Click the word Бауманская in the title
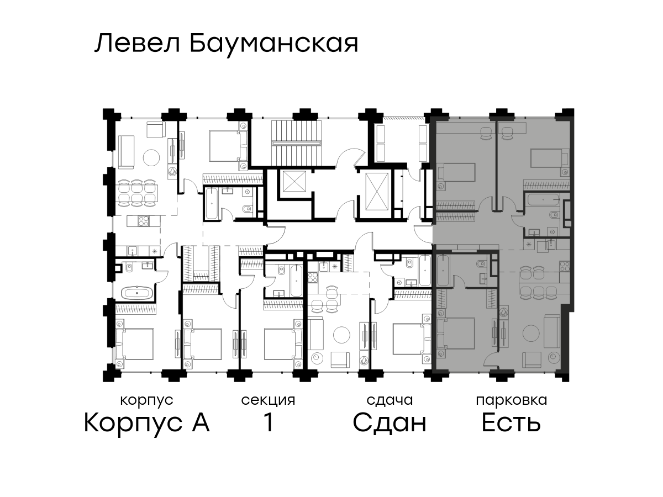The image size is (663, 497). tap(274, 44)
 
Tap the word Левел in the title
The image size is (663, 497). tap(138, 44)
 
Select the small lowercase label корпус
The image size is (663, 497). tap(147, 401)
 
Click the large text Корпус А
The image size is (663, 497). tap(147, 423)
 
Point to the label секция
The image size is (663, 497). tap(268, 401)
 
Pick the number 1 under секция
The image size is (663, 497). tap(269, 422)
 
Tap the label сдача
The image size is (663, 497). tap(390, 401)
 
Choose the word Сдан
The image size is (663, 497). tap(390, 423)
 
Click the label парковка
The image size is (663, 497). tap(512, 401)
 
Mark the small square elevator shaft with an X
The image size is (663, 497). tap(293, 181)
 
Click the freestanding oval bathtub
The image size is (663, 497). tap(136, 293)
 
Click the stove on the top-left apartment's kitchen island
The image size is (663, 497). tap(144, 221)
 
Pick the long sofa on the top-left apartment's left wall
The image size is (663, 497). tap(127, 152)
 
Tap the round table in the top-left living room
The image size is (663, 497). tap(151, 157)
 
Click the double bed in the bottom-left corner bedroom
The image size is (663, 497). tap(135, 344)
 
